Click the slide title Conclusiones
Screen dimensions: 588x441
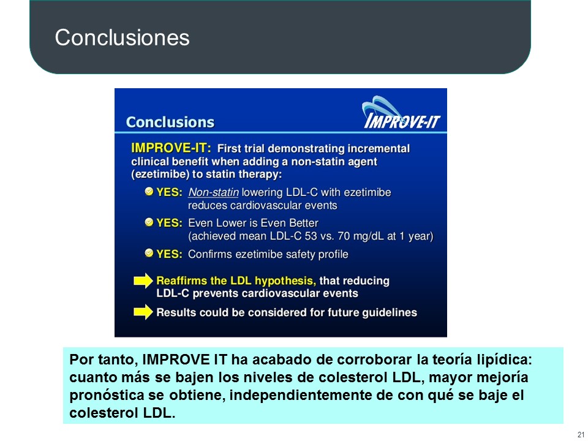pos(123,37)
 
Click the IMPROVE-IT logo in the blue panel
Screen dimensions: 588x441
pos(401,113)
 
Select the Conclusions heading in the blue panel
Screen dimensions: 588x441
pos(170,123)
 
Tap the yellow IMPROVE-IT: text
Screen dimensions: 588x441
pos(171,148)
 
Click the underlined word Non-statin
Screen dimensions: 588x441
pos(213,192)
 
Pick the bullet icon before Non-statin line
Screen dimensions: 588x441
pos(149,192)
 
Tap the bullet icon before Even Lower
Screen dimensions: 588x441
pos(149,222)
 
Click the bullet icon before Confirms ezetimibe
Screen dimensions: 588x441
pos(149,253)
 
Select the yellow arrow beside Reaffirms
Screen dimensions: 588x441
pos(143,281)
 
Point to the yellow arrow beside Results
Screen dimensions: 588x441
pos(143,312)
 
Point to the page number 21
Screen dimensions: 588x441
pos(581,435)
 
